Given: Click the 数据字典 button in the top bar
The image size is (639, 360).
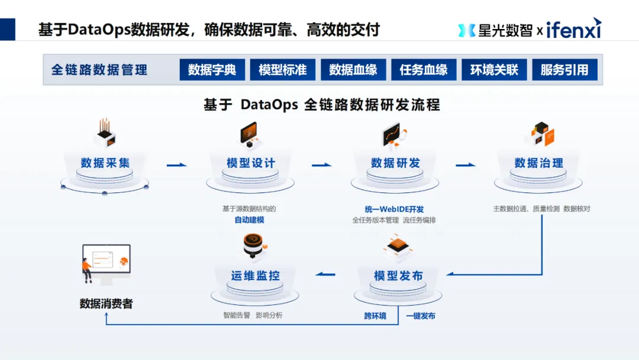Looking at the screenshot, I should point(212,70).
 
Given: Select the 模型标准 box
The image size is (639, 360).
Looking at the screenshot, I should point(282,70).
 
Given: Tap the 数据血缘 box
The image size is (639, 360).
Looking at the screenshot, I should point(353,70).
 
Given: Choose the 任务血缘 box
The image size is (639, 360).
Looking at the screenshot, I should point(424,70).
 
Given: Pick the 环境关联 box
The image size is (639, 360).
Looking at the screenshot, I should point(494,70).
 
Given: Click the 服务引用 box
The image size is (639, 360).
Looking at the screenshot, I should point(564,70).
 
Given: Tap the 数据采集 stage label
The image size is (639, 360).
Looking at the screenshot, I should point(105,163).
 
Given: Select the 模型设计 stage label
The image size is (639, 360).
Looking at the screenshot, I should point(251,163).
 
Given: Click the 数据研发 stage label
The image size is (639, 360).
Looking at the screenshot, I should point(395,163).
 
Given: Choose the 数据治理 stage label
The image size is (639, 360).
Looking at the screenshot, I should point(539,163).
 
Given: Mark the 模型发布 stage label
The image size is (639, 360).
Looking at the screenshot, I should point(398,276).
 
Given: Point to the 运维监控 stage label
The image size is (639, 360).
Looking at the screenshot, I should point(256,276).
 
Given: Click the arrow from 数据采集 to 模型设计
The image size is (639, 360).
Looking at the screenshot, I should point(176,165).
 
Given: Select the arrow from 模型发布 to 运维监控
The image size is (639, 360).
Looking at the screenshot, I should point(325,274).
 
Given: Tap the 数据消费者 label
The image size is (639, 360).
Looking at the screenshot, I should point(106,304).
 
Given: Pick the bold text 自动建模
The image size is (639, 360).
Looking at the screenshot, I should point(249,220).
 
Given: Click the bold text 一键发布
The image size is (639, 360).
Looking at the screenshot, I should point(421,316).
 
